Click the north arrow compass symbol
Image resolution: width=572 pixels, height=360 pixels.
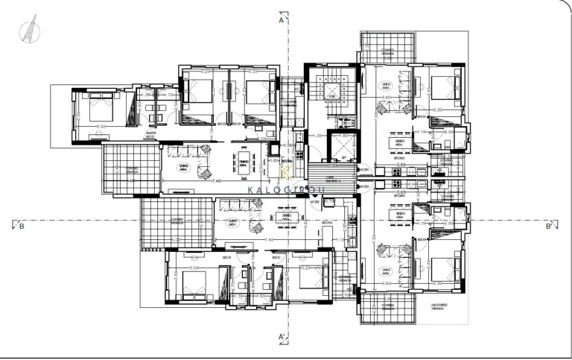tap(28, 31)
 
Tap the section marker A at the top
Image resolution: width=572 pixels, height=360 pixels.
tap(282, 21)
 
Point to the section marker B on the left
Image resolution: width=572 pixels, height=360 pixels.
tap(20, 226)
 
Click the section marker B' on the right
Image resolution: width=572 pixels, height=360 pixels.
tap(549, 226)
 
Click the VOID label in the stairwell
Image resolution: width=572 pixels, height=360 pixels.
tap(332, 96)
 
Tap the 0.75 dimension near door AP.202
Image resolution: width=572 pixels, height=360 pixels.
tap(328, 201)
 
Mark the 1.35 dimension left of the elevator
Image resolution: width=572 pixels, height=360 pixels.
tap(317, 136)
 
